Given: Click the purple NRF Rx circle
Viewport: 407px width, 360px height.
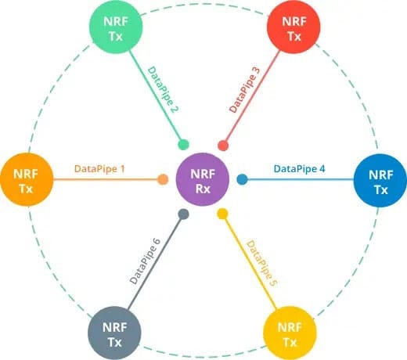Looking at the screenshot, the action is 203,179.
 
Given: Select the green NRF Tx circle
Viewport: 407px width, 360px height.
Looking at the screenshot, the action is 116,27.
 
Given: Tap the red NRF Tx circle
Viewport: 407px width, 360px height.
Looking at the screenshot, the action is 294,27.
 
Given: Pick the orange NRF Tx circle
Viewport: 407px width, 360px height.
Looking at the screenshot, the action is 27,179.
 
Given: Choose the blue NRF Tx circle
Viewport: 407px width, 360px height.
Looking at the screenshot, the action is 380,181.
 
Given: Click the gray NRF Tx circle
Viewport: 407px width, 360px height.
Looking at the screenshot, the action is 114,333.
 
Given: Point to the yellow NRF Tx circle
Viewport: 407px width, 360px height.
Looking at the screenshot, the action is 290,333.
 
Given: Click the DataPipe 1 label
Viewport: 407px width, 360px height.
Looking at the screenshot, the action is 99,169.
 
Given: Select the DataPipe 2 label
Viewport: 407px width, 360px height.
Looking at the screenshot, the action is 163,89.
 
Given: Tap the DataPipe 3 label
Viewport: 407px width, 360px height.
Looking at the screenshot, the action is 245,90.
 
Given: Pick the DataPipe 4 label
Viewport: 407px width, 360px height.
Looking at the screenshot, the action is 300,169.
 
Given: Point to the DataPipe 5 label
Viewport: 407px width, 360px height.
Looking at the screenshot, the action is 261,263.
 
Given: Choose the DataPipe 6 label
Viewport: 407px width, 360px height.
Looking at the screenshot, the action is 145,261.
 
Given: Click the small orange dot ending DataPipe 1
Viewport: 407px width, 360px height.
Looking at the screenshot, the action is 163,179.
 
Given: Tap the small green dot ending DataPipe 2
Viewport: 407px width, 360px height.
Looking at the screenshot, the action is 183,145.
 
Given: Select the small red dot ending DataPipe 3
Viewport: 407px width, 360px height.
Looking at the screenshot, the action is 223,146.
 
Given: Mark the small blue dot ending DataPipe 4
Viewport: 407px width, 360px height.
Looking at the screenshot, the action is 243,179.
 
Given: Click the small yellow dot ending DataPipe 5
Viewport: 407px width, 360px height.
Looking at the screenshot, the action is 222,214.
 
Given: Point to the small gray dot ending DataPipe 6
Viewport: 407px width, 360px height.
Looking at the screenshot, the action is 184,214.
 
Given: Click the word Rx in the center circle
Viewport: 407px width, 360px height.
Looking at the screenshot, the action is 203,189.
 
